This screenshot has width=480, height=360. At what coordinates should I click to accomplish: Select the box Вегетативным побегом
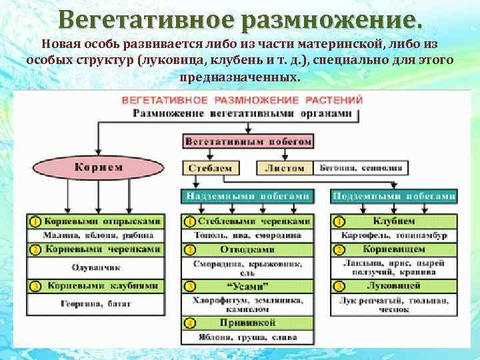pos(248,141)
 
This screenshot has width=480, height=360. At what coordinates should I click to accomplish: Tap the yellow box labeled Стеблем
pos(210,168)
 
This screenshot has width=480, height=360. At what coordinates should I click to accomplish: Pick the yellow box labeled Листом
pos(285,168)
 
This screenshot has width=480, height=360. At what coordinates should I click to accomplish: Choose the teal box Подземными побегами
pos(394,196)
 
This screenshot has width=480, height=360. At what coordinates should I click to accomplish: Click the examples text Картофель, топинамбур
pos(394,235)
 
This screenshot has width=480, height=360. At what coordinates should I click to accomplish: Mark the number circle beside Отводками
pos(190,250)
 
